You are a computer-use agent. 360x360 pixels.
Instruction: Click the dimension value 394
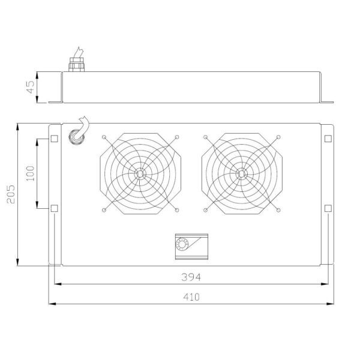[x=191, y=277]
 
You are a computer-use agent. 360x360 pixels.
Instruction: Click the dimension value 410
[x=191, y=296]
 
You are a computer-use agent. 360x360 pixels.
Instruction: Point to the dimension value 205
[x=11, y=194]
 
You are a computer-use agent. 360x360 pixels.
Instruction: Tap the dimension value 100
[x=31, y=174]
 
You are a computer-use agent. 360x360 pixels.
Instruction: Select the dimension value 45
[x=29, y=88]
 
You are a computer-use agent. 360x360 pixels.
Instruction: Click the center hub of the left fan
[x=140, y=174]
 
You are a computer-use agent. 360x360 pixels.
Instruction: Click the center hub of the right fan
[x=241, y=174]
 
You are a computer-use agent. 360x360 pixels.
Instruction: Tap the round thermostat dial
[x=181, y=244]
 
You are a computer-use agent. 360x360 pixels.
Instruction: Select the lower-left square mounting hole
[x=55, y=208]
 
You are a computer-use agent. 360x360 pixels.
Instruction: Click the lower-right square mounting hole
[x=328, y=208]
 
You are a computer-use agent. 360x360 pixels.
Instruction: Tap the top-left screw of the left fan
[x=104, y=137]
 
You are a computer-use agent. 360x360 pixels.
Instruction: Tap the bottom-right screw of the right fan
[x=278, y=211]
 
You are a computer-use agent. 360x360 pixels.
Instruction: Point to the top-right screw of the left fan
[x=176, y=137]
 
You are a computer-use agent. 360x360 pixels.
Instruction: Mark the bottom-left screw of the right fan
[x=206, y=211]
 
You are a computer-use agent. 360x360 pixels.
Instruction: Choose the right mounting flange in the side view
[x=328, y=100]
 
